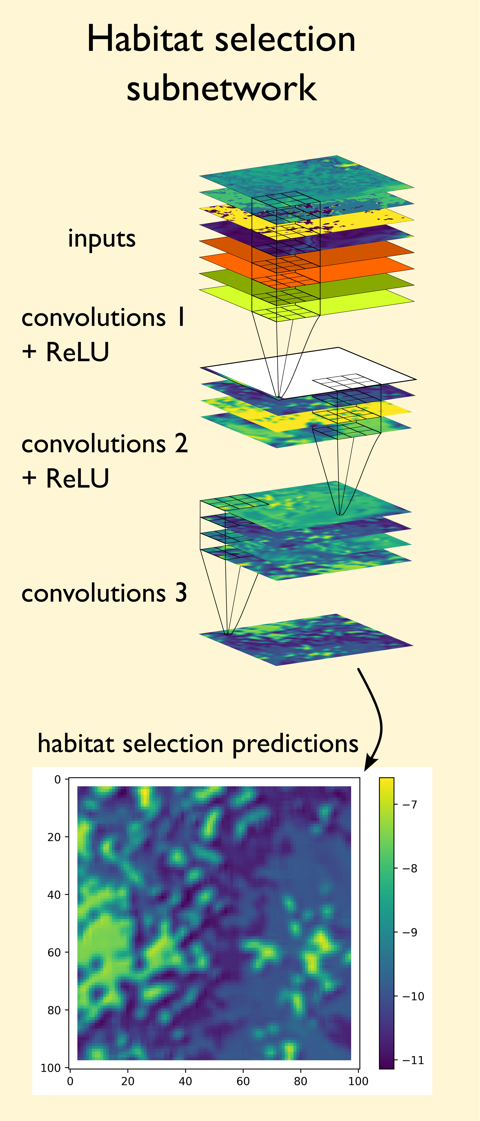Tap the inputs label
(102, 239)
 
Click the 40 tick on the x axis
(185, 1081)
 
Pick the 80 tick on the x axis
(300, 1081)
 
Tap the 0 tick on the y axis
(57, 779)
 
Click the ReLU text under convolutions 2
(77, 478)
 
